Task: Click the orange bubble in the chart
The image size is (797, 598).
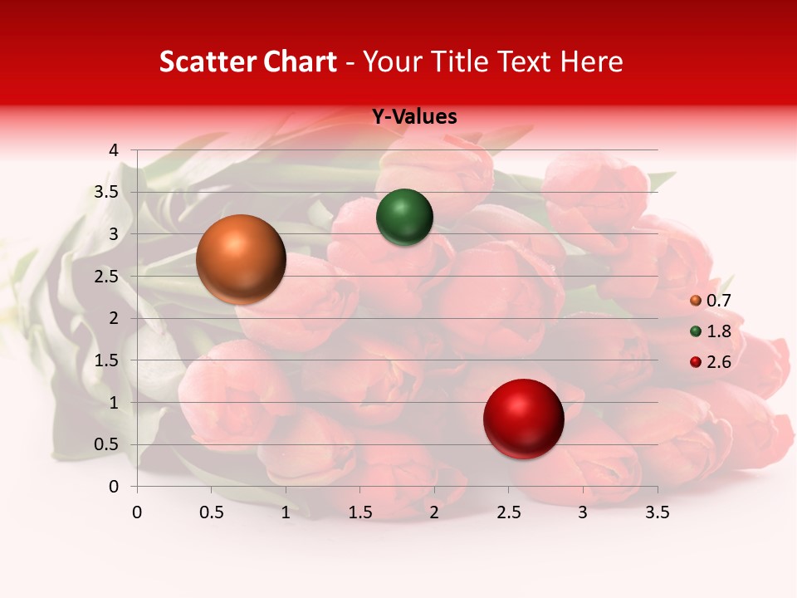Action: click(x=241, y=258)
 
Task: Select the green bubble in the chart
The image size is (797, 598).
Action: click(x=404, y=217)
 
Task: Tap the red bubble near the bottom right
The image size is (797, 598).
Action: click(x=523, y=419)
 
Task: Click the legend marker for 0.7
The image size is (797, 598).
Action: click(x=695, y=301)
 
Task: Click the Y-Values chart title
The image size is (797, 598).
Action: click(x=413, y=117)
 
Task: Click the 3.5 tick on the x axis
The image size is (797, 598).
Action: click(x=657, y=512)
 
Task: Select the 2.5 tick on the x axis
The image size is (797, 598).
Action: click(x=508, y=512)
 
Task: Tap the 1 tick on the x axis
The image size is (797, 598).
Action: click(x=286, y=512)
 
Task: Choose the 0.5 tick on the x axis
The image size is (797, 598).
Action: click(x=212, y=512)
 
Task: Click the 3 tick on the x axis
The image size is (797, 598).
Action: click(x=583, y=512)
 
